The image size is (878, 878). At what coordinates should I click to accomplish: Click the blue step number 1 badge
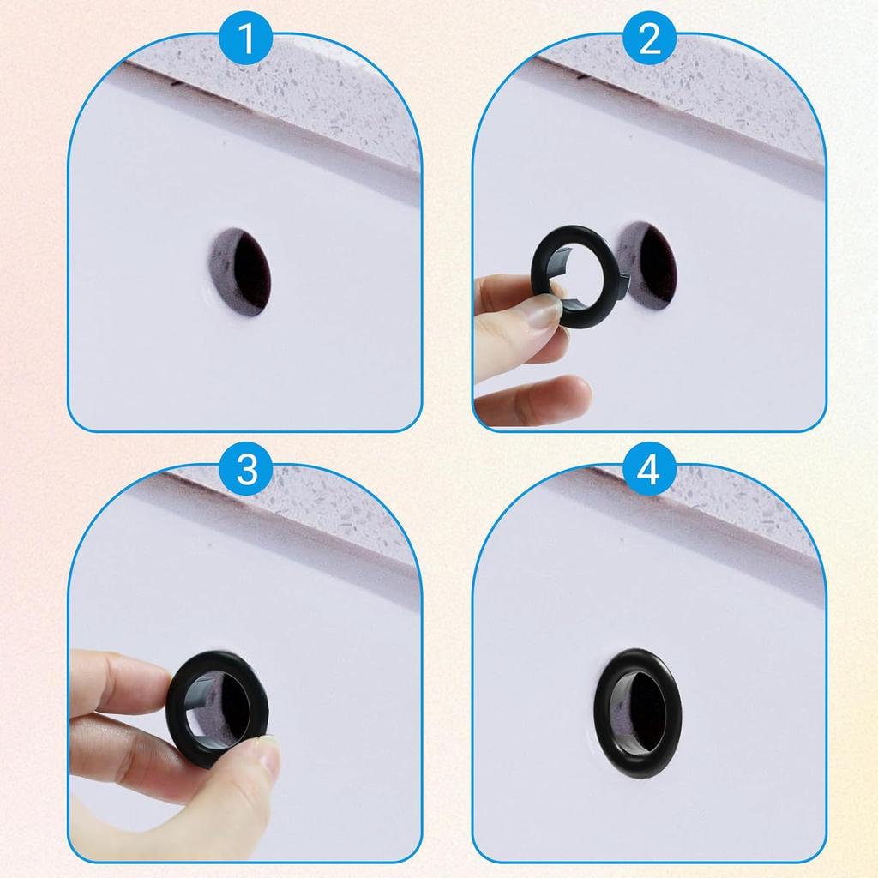coord(247,39)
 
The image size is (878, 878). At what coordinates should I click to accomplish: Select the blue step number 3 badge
coord(247,470)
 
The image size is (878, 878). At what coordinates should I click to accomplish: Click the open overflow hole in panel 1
coord(243,272)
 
